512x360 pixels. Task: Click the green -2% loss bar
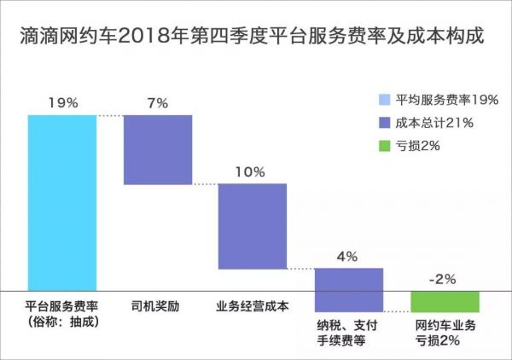point(445,300)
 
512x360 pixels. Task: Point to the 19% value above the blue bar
point(61,103)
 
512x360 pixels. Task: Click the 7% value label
point(157,103)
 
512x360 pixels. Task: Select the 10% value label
point(253,171)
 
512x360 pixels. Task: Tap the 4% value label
point(348,256)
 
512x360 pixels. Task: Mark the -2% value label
point(445,280)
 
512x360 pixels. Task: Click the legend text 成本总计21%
point(434,123)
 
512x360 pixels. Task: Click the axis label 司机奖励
point(157,305)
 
